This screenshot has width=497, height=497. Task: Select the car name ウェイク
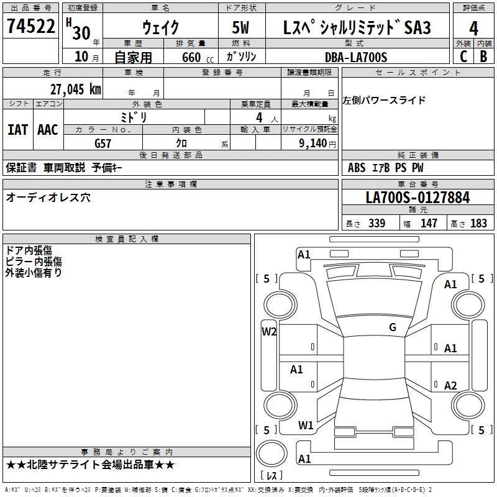point(160,27)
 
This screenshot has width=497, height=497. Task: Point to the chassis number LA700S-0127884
point(417,198)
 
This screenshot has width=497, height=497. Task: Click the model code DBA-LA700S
point(356,57)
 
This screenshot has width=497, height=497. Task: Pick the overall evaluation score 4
point(473,28)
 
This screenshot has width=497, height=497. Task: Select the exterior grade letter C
point(463,57)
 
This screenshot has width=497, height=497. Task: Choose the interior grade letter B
point(483,57)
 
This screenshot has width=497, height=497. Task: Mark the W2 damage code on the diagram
point(269,331)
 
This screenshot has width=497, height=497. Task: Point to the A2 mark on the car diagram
point(450,385)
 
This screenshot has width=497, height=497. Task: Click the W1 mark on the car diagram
point(305,425)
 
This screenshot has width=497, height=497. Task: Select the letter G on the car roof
point(392,327)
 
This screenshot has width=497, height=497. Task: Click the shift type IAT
point(18,129)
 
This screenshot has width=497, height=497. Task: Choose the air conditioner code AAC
point(48,129)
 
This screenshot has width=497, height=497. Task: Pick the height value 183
point(478,224)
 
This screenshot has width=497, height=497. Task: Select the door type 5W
point(242,27)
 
